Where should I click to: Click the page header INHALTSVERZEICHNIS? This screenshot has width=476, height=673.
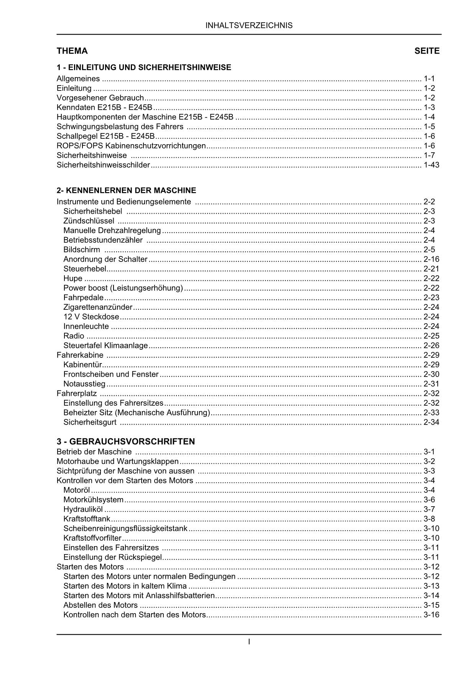click(x=249, y=26)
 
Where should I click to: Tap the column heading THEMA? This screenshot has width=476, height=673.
click(x=72, y=51)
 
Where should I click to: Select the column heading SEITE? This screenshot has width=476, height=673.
click(x=427, y=51)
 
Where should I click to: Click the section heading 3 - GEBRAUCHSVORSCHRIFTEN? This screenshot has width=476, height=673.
click(x=126, y=441)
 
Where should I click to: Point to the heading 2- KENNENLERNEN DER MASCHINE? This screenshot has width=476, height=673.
click(x=126, y=190)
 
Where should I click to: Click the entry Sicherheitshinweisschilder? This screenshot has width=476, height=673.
click(x=103, y=165)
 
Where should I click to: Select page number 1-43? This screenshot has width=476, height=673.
click(x=431, y=165)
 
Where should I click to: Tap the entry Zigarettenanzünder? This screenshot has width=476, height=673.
click(x=98, y=307)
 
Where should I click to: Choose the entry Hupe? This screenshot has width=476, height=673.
click(x=73, y=278)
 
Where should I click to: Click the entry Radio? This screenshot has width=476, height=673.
click(x=74, y=336)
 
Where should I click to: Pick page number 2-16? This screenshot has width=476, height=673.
click(x=431, y=259)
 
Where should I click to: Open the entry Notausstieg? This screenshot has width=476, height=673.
click(x=84, y=384)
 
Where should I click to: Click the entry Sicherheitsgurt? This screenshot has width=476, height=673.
click(x=90, y=422)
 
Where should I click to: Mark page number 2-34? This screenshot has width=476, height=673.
click(x=431, y=422)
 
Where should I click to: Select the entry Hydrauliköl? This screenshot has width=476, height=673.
click(x=83, y=509)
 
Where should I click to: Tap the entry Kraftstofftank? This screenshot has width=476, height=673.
click(x=87, y=519)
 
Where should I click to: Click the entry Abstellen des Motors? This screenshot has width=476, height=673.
click(x=100, y=605)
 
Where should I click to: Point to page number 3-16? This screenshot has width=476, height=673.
click(x=431, y=615)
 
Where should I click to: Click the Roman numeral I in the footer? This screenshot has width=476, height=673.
click(x=249, y=641)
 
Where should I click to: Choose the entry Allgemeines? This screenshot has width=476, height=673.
click(x=78, y=79)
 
